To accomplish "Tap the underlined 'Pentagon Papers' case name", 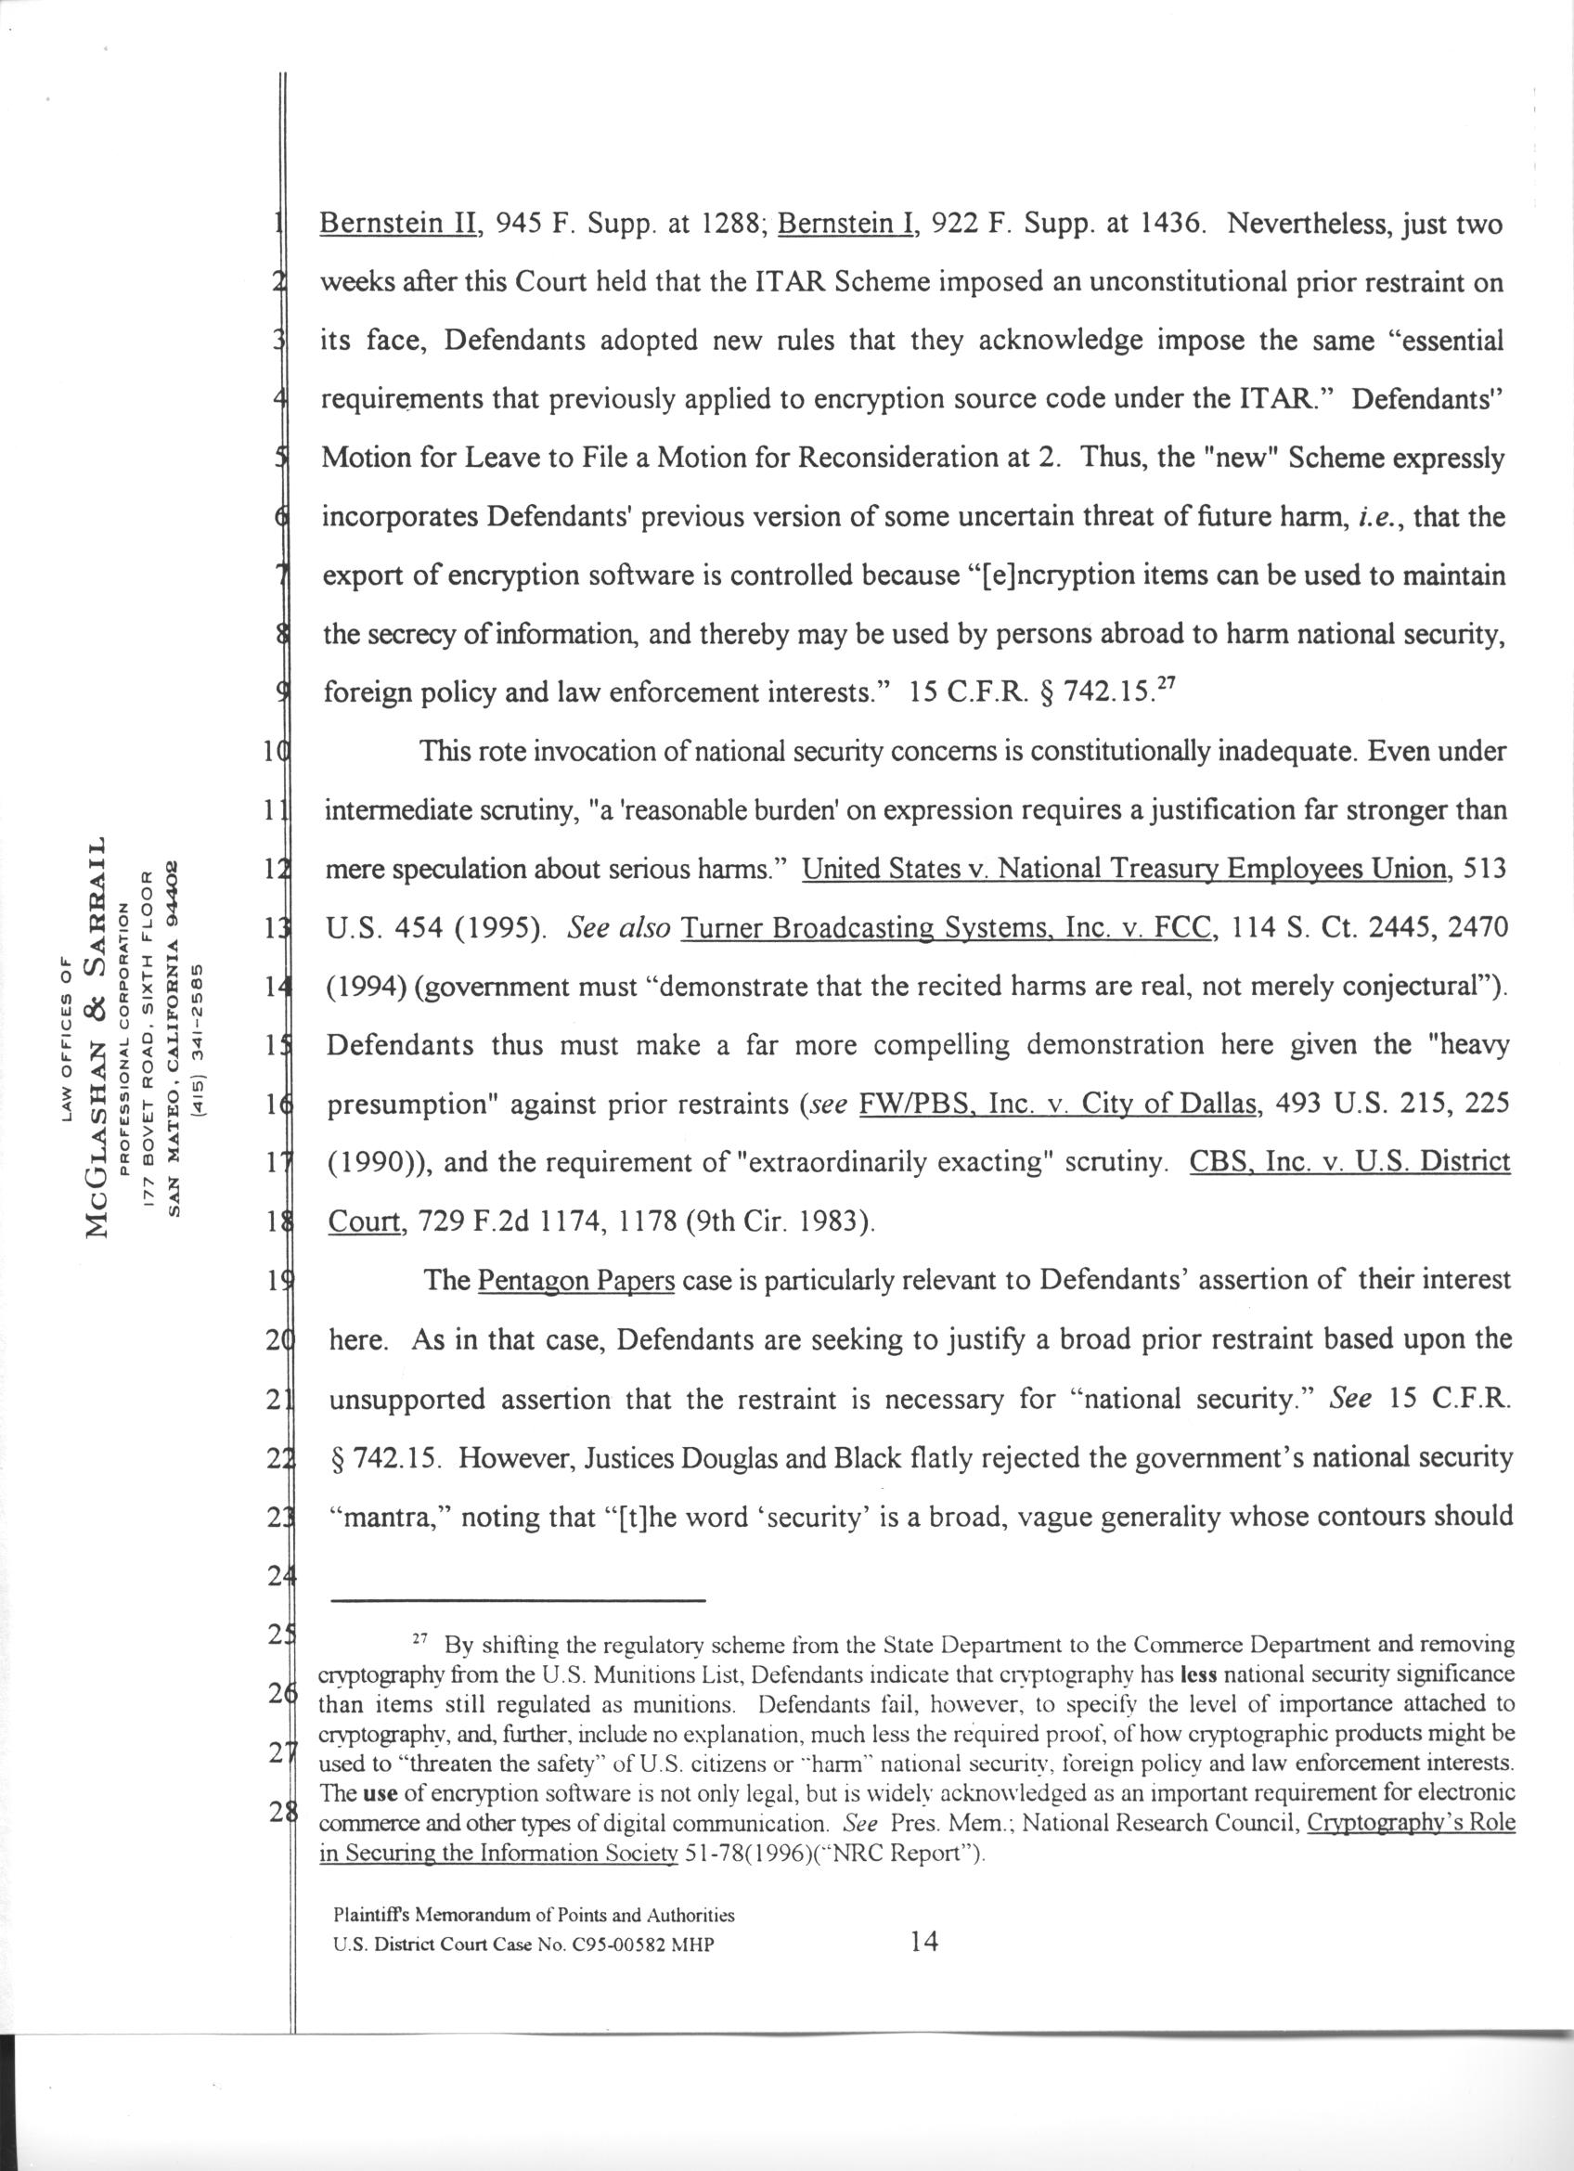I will pos(576,1280).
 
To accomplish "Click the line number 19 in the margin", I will pos(278,1281).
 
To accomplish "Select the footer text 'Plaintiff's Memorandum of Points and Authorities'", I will pos(534,1916).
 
